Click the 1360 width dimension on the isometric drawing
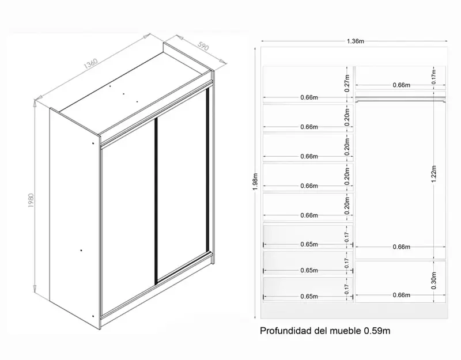[90, 64]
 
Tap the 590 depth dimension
[203, 46]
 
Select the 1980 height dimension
[31, 200]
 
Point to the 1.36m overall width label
[356, 41]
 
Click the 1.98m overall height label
[255, 181]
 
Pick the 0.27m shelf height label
[347, 83]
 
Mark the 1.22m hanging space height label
[434, 174]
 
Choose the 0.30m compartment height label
[434, 281]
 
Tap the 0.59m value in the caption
[377, 331]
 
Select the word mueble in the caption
[345, 331]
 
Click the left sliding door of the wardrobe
[128, 216]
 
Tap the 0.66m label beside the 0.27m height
[309, 97]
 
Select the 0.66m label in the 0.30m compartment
[401, 295]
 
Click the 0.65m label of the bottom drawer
[309, 296]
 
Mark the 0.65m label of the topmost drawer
[309, 244]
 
